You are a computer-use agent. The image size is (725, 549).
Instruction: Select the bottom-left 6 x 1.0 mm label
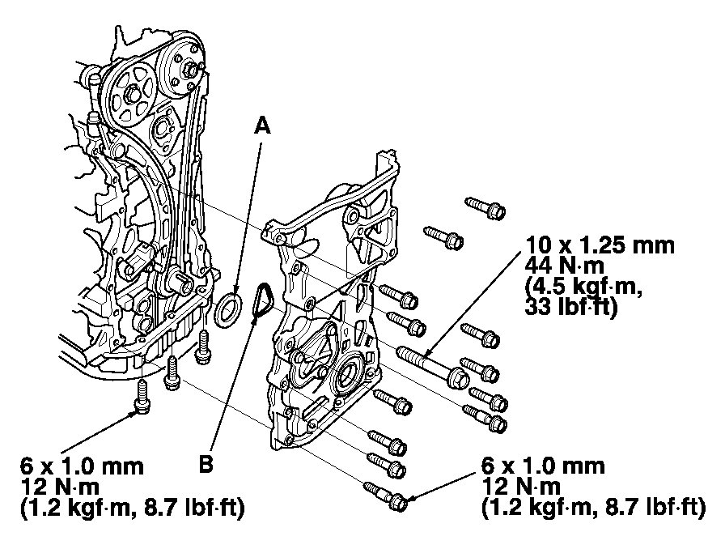pyautogui.click(x=82, y=467)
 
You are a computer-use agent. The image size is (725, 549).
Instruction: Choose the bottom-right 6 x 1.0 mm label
pyautogui.click(x=542, y=467)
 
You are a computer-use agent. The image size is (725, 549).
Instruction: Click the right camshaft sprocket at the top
pyautogui.click(x=182, y=69)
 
